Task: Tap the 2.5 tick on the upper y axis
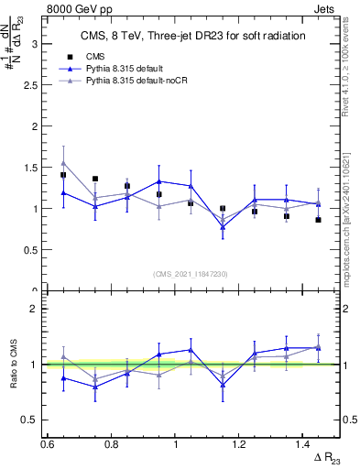click(x=35, y=84)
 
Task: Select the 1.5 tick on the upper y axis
click(x=35, y=167)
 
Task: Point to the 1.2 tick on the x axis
click(x=240, y=444)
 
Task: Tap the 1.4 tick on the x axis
click(x=304, y=444)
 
